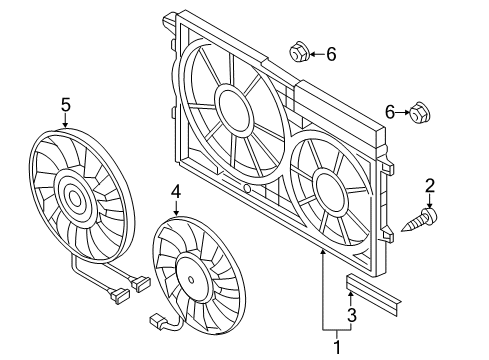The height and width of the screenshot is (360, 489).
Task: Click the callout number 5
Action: pyautogui.click(x=66, y=105)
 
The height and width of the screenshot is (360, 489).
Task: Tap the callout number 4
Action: pyautogui.click(x=176, y=192)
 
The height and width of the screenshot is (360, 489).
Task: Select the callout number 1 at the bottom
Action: pyautogui.click(x=337, y=347)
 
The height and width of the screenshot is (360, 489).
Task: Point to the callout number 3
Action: pyautogui.click(x=352, y=315)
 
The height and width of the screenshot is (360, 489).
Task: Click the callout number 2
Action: pyautogui.click(x=430, y=186)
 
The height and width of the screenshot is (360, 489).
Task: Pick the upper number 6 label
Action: pyautogui.click(x=331, y=54)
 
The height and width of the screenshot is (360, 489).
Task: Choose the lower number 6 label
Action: pyautogui.click(x=390, y=112)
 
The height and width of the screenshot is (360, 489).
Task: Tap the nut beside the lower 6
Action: pyautogui.click(x=419, y=113)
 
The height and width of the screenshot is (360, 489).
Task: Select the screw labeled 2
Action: pyautogui.click(x=419, y=220)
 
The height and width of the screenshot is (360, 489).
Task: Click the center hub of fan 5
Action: pyautogui.click(x=75, y=200)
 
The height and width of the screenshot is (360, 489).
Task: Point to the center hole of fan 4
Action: pyautogui.click(x=191, y=279)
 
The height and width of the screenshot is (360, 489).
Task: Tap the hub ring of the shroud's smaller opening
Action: pyautogui.click(x=331, y=192)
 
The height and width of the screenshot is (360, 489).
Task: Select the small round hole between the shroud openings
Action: pyautogui.click(x=246, y=189)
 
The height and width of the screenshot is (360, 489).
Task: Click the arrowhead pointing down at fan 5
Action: pyautogui.click(x=65, y=124)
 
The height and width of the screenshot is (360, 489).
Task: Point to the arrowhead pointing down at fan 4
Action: pyautogui.click(x=176, y=211)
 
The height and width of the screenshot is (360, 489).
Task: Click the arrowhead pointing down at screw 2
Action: pyautogui.click(x=430, y=206)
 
